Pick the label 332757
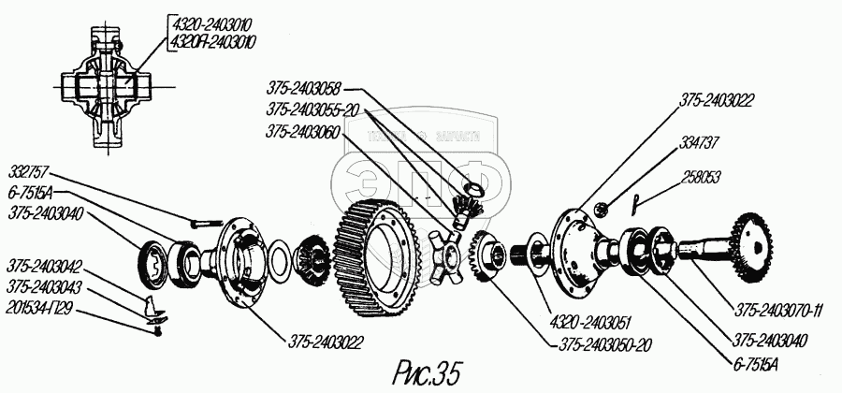point(32,173)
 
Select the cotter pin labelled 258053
point(634,200)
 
